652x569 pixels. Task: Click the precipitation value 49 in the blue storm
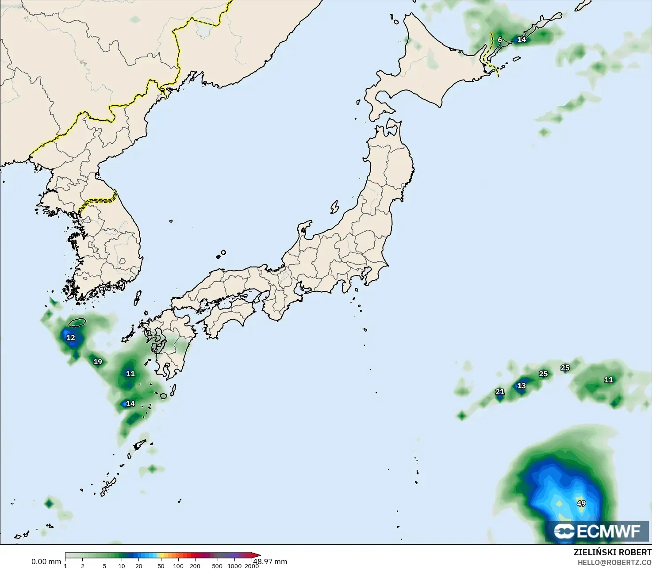click(581, 503)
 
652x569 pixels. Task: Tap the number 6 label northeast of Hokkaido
click(500, 40)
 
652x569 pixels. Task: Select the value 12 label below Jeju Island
click(71, 338)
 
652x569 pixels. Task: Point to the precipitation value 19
click(98, 362)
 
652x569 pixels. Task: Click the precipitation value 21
click(500, 392)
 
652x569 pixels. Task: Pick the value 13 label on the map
click(522, 386)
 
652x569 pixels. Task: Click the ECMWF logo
click(597, 531)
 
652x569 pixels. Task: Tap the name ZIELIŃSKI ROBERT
click(612, 552)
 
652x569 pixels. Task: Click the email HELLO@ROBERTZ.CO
click(614, 562)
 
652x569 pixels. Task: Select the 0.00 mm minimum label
click(46, 561)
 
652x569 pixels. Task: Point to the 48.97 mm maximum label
click(270, 561)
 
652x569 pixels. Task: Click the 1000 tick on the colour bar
click(234, 566)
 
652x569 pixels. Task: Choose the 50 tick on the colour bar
click(161, 566)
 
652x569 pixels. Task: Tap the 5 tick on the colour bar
click(104, 566)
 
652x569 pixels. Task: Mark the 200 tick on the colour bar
click(195, 566)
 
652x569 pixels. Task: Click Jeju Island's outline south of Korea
click(77, 322)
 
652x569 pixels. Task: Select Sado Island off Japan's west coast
click(334, 206)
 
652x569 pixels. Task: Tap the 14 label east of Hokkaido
click(522, 40)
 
